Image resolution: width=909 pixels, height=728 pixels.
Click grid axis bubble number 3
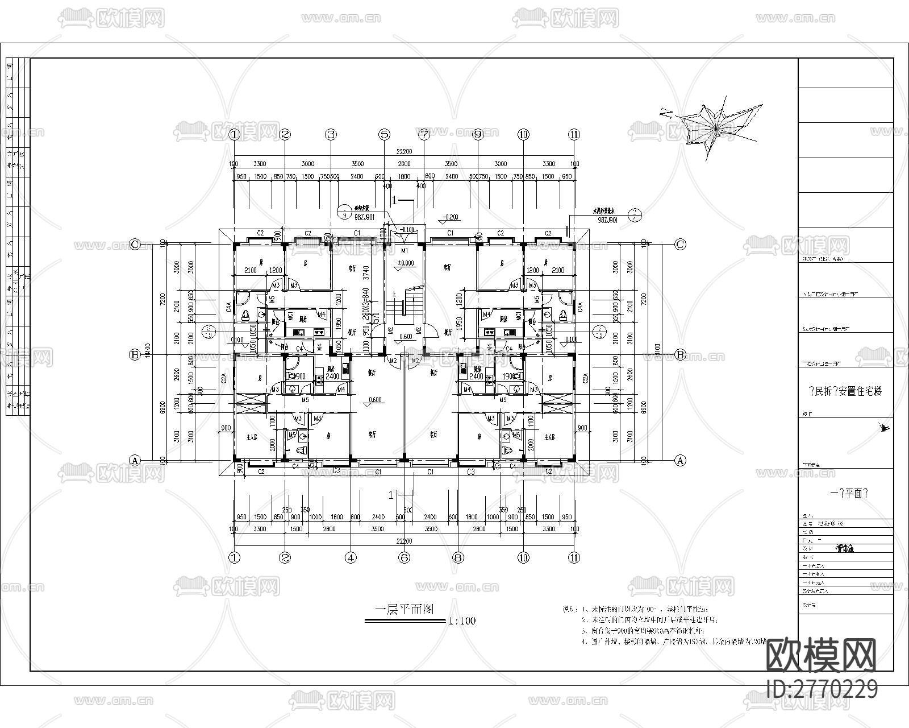pos(331,135)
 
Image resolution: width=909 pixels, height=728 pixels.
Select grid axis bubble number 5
pos(385,135)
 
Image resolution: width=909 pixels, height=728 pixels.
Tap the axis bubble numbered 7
pos(424,135)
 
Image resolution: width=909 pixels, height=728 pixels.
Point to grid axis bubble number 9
pos(477,135)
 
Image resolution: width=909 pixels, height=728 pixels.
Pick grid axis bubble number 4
pos(351,558)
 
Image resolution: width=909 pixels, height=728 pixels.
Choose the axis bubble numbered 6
pos(404,558)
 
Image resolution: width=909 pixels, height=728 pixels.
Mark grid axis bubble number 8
pos(458,558)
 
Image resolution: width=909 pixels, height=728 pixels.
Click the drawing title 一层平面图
pos(405,610)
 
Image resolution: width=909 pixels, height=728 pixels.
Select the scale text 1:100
pos(462,621)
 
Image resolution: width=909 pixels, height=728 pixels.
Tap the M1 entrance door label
pos(405,251)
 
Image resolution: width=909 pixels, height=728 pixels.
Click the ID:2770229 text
pos(822,689)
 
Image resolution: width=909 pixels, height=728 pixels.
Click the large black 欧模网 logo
pos(822,655)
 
